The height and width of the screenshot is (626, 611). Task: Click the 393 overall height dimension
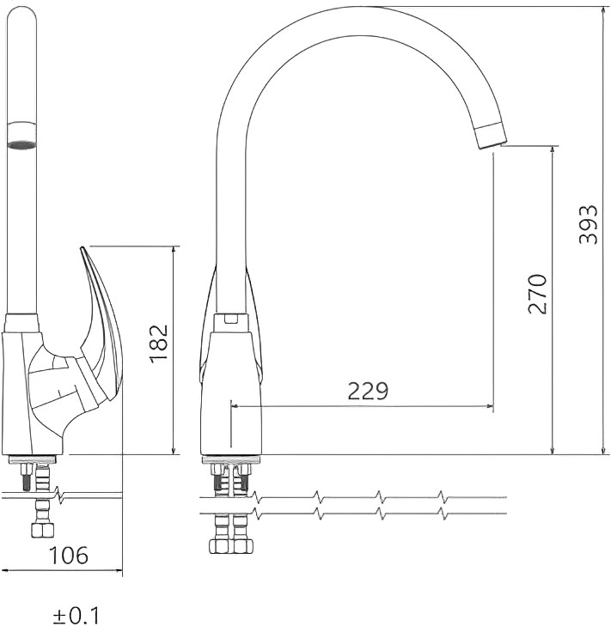coord(588,225)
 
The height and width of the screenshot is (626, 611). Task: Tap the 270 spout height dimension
coord(537,295)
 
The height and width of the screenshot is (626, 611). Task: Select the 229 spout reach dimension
coord(368,392)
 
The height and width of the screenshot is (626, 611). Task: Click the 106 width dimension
coord(68,556)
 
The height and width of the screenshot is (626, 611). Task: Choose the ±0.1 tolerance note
coord(76,616)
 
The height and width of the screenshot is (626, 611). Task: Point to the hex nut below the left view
coord(42,530)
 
